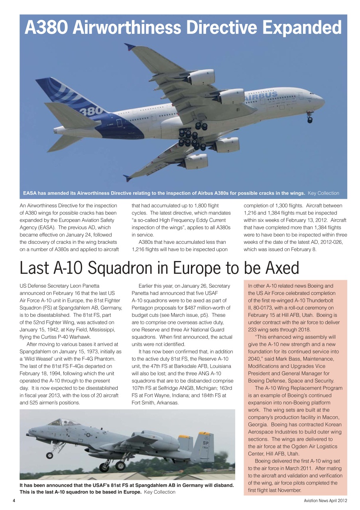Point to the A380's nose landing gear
coord(309,118)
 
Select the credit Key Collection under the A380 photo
coord(323,193)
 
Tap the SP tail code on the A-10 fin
coord(206,442)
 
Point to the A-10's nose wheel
coord(49,455)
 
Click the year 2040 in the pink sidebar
coord(255,359)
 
